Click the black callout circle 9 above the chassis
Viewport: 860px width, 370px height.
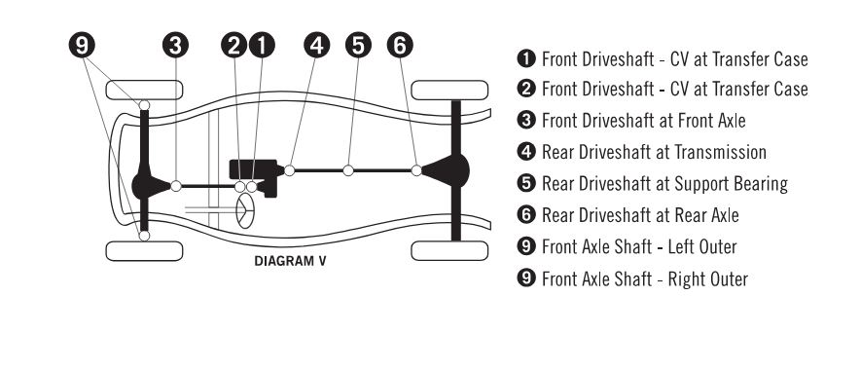click(x=82, y=46)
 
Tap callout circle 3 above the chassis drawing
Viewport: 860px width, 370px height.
click(x=175, y=46)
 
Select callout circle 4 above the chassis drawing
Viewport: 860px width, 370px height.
click(x=316, y=46)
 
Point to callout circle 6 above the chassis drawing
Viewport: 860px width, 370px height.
click(x=400, y=46)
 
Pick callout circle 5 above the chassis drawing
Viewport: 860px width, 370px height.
click(x=358, y=46)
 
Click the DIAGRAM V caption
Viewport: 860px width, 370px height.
click(x=290, y=261)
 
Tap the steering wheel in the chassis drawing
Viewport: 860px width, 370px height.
click(x=245, y=210)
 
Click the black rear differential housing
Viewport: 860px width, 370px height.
click(x=446, y=170)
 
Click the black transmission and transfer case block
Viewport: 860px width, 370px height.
click(x=257, y=174)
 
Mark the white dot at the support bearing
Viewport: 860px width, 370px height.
click(x=348, y=170)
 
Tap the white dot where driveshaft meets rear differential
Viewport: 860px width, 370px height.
click(x=416, y=170)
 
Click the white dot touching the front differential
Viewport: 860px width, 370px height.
click(x=176, y=186)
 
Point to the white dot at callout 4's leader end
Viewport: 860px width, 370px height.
click(x=290, y=170)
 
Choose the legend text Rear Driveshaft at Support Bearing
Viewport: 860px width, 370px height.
click(x=664, y=184)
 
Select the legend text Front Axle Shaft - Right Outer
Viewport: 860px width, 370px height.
click(x=645, y=278)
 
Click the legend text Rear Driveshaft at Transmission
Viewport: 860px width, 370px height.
click(x=655, y=152)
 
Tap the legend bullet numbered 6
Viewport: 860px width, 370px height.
click(x=526, y=215)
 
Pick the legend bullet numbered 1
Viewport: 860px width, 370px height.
click(x=526, y=58)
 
